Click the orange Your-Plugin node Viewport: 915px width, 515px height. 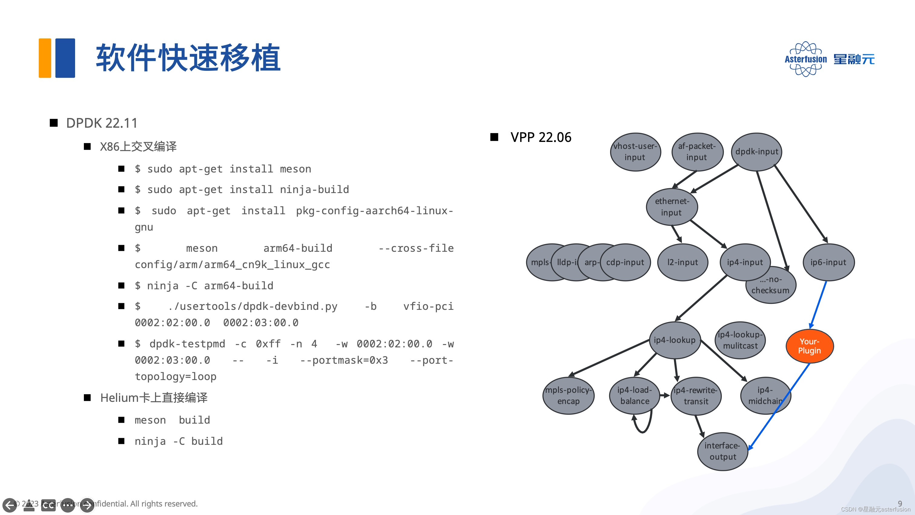[x=810, y=346]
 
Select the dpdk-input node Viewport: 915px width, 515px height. [x=757, y=152]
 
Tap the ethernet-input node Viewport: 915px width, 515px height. [x=672, y=207]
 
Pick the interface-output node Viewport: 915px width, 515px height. [x=722, y=451]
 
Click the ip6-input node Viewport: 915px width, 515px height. [x=828, y=262]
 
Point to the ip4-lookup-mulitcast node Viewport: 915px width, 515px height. [x=740, y=340]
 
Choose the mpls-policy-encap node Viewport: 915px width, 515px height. [x=568, y=395]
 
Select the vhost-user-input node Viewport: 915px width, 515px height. [x=635, y=152]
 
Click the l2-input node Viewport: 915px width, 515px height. [x=682, y=262]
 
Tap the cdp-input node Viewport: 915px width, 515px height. [x=625, y=262]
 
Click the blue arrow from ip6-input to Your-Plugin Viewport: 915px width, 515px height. [x=818, y=304]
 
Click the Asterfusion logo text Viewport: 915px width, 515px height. [x=806, y=59]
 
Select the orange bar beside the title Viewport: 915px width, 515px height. [x=45, y=58]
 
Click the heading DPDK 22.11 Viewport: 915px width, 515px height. [x=102, y=123]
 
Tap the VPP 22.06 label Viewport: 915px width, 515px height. [x=541, y=137]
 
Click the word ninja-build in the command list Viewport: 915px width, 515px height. [x=314, y=189]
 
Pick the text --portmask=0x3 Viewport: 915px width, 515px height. [x=344, y=360]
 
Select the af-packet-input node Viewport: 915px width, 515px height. [x=697, y=152]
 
